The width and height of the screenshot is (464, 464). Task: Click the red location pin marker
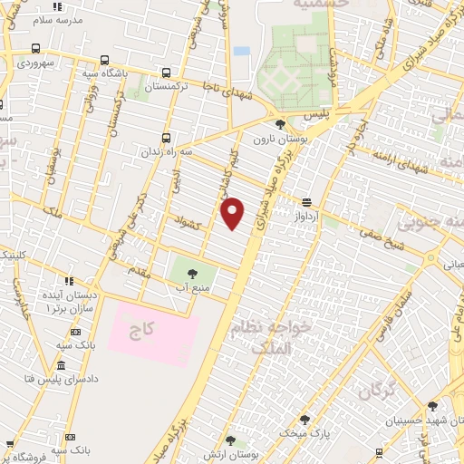pos(234,213)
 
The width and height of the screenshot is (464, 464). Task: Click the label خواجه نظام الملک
pos(284,336)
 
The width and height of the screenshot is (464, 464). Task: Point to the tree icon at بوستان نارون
pos(279,124)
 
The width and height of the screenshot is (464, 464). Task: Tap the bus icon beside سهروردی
pos(35,49)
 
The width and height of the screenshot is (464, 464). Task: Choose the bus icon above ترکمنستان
pos(166,73)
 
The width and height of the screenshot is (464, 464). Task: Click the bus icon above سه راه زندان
pos(166,138)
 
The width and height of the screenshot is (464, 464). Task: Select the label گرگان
pos(380,391)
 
